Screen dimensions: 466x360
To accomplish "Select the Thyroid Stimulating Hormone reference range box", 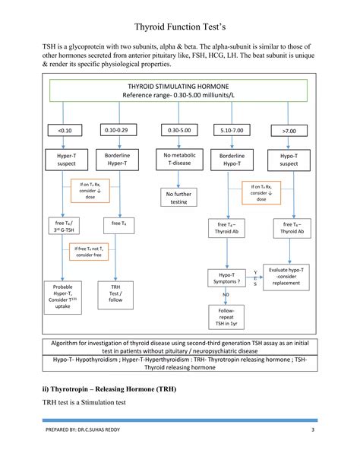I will [180, 90].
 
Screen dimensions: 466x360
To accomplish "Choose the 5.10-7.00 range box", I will [232, 131].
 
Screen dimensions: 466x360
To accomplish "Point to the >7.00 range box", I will [289, 131].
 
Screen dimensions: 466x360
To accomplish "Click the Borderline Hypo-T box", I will [232, 160].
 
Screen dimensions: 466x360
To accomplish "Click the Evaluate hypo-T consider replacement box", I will [292, 276].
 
